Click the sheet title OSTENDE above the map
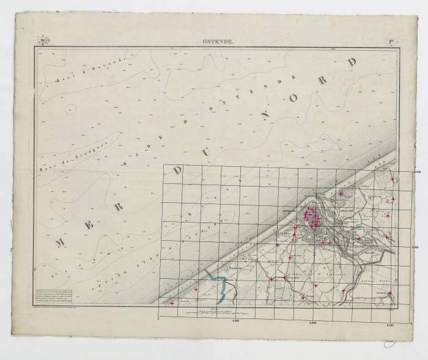(218, 42)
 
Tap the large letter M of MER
(61, 242)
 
